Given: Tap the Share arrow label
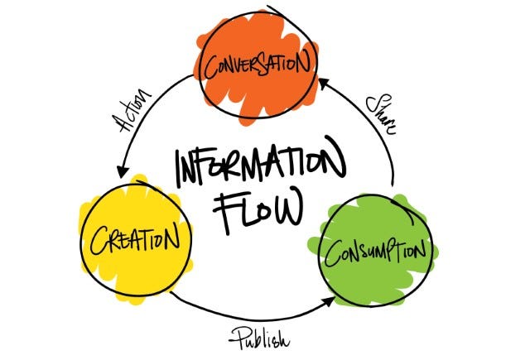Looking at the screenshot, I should tap(379, 114).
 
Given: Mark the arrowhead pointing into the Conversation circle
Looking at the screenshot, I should tap(323, 81).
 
